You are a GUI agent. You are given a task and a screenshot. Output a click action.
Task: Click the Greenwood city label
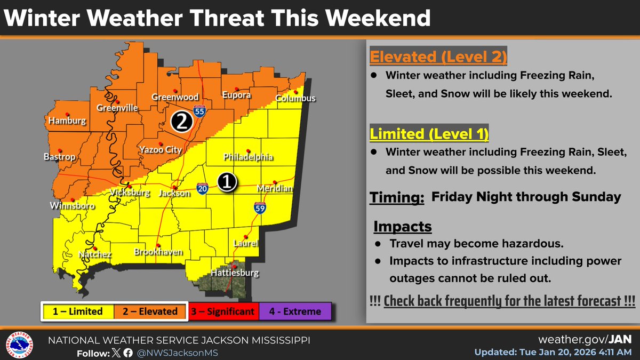point(175,97)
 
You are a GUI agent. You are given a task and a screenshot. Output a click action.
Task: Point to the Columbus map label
point(295,98)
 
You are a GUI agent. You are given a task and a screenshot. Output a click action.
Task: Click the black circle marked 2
point(181,123)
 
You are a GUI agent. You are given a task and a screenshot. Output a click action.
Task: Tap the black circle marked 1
point(227,182)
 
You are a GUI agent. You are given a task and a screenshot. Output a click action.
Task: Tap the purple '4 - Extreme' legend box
point(295,311)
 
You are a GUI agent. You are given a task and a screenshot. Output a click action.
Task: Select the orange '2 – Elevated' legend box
point(150,311)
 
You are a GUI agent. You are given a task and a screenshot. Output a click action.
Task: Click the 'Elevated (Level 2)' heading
point(438,57)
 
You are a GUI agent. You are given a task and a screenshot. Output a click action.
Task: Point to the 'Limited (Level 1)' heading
point(430,133)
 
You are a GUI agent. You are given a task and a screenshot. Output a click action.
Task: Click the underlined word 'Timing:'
point(397,197)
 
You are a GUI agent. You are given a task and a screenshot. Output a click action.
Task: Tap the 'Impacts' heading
point(402,226)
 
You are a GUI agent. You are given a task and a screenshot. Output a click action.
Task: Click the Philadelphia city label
point(248,157)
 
